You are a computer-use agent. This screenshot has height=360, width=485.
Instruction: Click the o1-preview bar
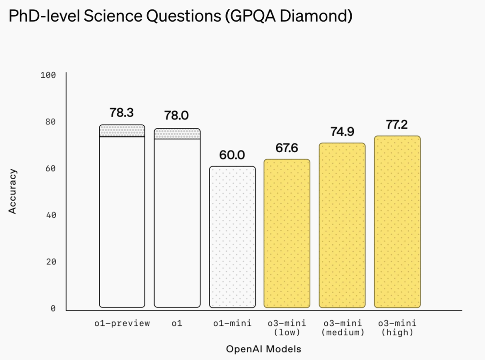[122, 220]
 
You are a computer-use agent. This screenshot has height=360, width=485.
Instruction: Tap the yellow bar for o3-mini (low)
[287, 233]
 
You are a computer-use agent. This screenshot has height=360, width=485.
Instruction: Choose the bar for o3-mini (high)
[397, 222]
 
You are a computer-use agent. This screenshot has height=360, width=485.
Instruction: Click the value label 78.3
[122, 113]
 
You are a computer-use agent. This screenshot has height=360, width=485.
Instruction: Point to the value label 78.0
[176, 115]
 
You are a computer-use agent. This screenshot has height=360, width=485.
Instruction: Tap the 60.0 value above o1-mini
[232, 155]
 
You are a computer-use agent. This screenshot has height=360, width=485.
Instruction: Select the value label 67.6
[287, 148]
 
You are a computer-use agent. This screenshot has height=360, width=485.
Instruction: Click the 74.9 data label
[342, 132]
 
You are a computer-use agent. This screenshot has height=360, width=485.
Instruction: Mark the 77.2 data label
[397, 125]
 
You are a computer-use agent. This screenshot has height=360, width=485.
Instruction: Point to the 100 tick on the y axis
[48, 75]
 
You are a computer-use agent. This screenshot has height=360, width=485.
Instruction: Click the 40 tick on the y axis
[51, 215]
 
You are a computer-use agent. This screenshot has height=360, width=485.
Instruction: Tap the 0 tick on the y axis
[53, 308]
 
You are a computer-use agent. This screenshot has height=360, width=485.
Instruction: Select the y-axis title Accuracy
[13, 191]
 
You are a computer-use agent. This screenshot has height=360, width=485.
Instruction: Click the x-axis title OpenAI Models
[264, 349]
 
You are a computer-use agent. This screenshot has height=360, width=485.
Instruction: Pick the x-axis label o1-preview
[122, 323]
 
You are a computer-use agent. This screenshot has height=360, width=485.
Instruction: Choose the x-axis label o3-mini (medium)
[342, 328]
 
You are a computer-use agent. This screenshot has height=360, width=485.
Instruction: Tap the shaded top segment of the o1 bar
[177, 134]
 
